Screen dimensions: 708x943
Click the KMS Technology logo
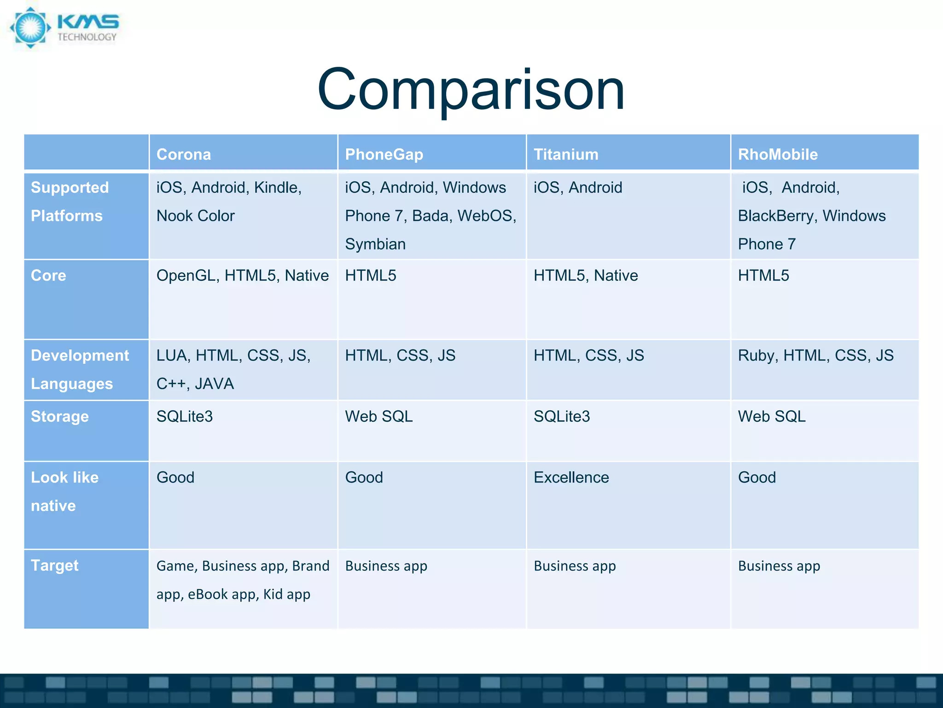(x=64, y=28)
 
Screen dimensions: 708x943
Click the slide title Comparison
(x=471, y=89)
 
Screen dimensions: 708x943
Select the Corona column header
(x=183, y=154)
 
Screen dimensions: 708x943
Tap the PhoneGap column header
(x=384, y=154)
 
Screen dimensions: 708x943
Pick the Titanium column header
(x=566, y=154)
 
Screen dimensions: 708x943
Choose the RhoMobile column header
(x=778, y=154)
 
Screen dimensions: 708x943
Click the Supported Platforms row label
(x=70, y=201)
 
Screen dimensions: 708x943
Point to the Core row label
(x=48, y=276)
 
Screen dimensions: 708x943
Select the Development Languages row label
(x=80, y=369)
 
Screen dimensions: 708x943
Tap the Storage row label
(x=60, y=417)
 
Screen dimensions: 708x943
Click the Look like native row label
(x=64, y=491)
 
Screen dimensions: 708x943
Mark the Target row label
(x=54, y=566)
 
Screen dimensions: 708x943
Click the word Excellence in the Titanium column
(x=571, y=478)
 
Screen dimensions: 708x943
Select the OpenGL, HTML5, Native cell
(x=242, y=276)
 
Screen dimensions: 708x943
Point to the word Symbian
(x=375, y=244)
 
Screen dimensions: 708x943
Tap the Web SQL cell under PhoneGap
(x=378, y=417)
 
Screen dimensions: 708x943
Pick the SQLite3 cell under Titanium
(x=562, y=417)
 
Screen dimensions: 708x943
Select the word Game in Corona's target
(x=176, y=566)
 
